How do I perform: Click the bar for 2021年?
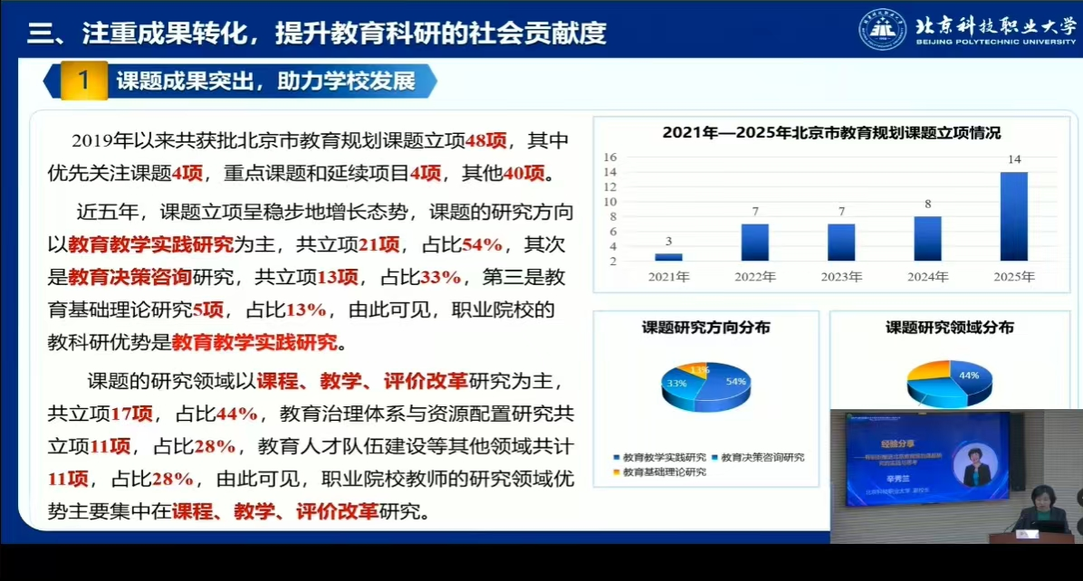tap(668, 257)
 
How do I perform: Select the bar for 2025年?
tap(1014, 216)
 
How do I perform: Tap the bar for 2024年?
tap(928, 238)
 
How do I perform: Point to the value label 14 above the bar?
tap(1014, 160)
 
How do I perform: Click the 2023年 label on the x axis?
tap(841, 277)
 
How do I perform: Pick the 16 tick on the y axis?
tap(611, 157)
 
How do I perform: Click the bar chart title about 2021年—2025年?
tap(831, 133)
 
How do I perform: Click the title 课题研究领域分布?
tap(949, 328)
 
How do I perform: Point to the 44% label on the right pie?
tap(969, 375)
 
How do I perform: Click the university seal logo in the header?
tap(882, 30)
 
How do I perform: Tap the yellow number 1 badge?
tap(83, 81)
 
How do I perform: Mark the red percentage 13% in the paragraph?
tap(306, 310)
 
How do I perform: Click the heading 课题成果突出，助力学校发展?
tap(265, 81)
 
